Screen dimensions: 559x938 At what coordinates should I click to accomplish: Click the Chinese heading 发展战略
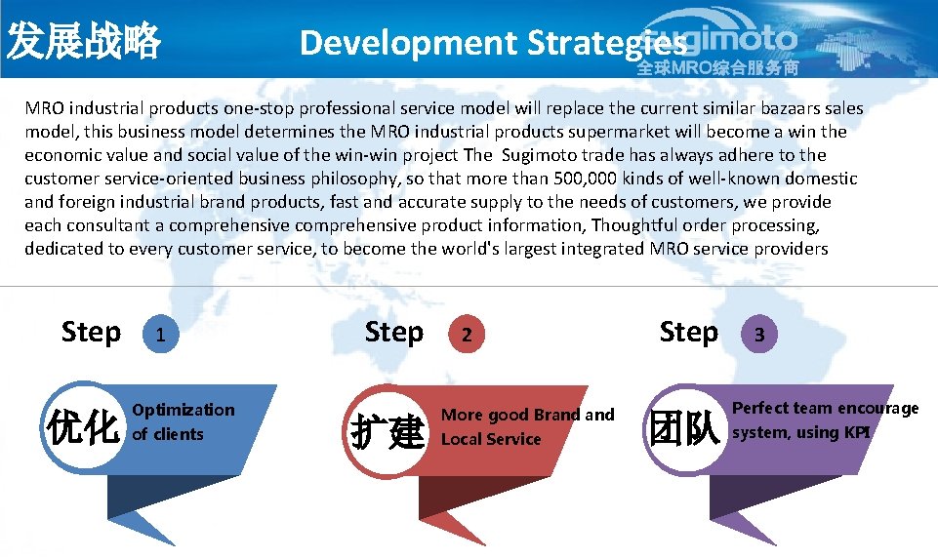pyautogui.click(x=84, y=42)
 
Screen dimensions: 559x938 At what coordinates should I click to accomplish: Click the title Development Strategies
pyautogui.click(x=493, y=43)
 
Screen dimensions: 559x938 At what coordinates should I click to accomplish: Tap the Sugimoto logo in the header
pyautogui.click(x=722, y=45)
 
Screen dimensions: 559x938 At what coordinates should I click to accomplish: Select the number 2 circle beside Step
pyautogui.click(x=468, y=335)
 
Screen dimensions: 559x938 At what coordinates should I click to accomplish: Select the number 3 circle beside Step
pyautogui.click(x=759, y=335)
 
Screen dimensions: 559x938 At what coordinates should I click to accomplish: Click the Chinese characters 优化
pyautogui.click(x=84, y=426)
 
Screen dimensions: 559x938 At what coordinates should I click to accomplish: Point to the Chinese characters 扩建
pyautogui.click(x=387, y=430)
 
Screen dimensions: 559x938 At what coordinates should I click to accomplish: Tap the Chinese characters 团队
pyautogui.click(x=684, y=429)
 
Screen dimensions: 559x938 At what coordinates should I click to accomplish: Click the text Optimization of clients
pyautogui.click(x=183, y=421)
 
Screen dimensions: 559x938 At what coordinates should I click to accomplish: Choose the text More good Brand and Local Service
pyautogui.click(x=527, y=426)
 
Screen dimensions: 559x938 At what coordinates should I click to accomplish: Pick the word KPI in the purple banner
pyautogui.click(x=857, y=432)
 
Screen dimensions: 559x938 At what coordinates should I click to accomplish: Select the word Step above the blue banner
pyautogui.click(x=92, y=333)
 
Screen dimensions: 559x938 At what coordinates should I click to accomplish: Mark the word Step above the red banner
pyautogui.click(x=394, y=333)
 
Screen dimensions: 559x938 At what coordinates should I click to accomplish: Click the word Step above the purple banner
pyautogui.click(x=688, y=333)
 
